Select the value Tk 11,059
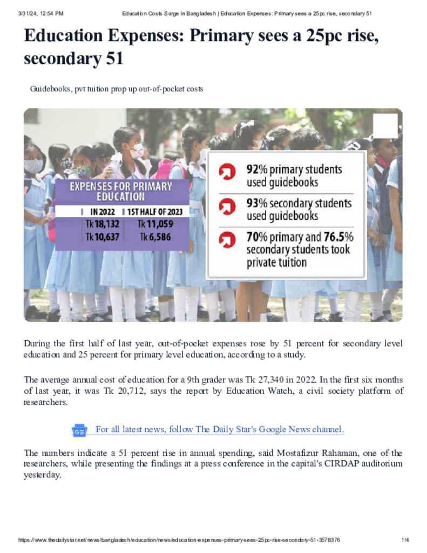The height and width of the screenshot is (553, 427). (155, 224)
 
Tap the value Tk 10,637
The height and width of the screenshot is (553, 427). (103, 237)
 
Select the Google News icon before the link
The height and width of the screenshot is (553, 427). (79, 430)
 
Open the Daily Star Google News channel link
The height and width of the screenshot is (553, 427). (219, 429)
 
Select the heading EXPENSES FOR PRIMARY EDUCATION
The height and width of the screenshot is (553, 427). (121, 191)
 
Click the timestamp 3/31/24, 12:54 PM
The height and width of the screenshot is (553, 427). (40, 13)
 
